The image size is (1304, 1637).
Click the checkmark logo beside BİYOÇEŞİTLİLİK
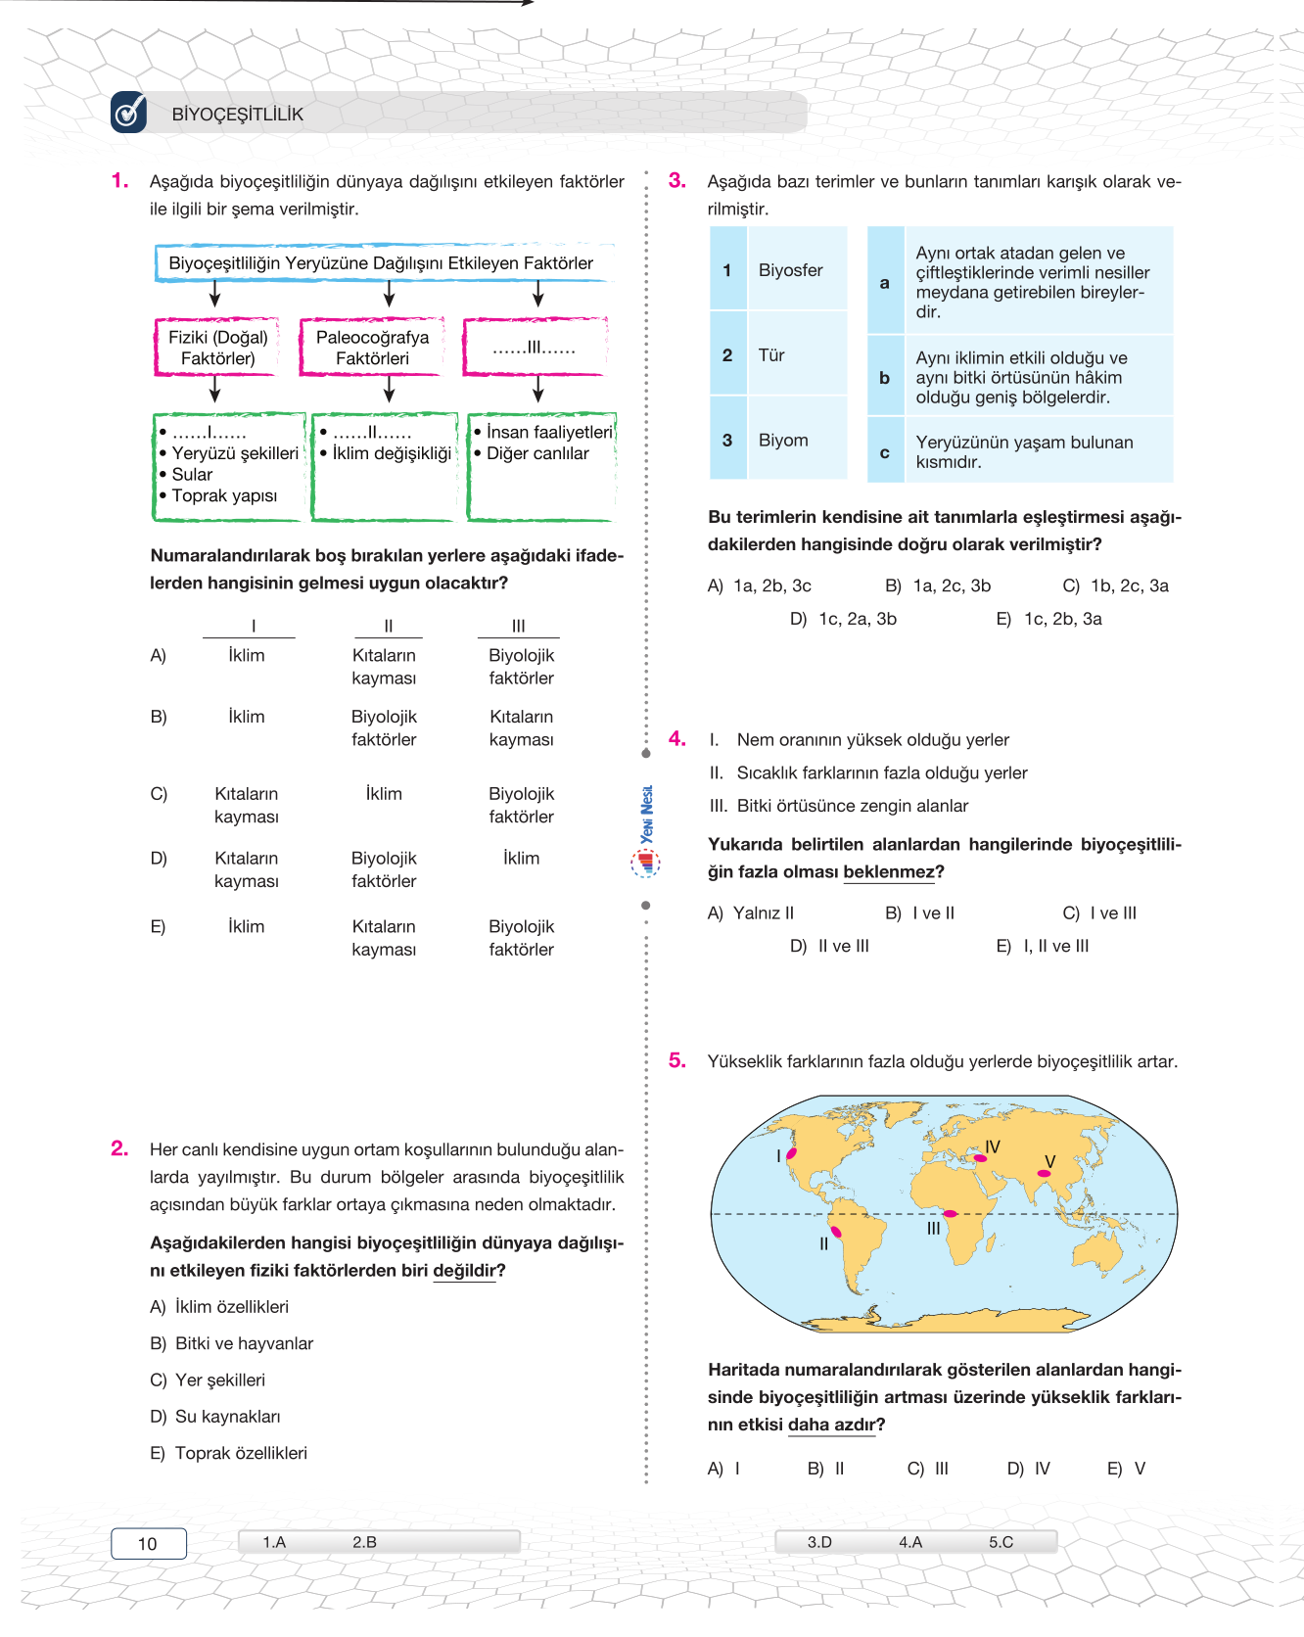[128, 112]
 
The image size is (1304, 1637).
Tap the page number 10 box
[148, 1543]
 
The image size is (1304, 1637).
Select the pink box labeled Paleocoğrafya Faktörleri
[372, 348]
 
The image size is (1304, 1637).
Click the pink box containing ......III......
[535, 348]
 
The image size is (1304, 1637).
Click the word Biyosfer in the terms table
[790, 270]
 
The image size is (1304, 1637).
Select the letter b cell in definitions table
[885, 377]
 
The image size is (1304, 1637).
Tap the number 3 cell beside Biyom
[727, 440]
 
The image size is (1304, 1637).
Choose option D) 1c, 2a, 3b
[843, 619]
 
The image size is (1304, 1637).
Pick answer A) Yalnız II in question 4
[751, 912]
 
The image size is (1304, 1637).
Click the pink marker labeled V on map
[1044, 1173]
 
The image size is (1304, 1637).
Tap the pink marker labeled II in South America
[835, 1231]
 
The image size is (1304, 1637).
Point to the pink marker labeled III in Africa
[949, 1214]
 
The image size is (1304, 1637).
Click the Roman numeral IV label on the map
[993, 1146]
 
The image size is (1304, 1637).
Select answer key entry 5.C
[1001, 1542]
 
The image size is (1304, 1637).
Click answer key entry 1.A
[274, 1542]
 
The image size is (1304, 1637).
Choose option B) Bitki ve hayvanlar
[232, 1343]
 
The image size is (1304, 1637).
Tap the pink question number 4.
[676, 738]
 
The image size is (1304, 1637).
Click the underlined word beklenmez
[888, 871]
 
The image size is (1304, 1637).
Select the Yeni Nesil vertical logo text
[646, 814]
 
